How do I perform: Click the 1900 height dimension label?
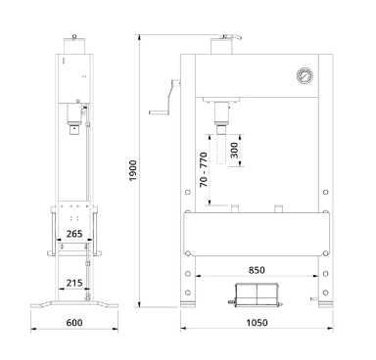pyautogui.click(x=132, y=170)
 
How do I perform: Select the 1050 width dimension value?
pyautogui.click(x=257, y=323)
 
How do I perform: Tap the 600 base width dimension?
pyautogui.click(x=74, y=323)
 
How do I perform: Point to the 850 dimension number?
pyautogui.click(x=257, y=270)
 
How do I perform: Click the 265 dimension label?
pyautogui.click(x=74, y=234)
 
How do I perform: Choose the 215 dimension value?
pyautogui.click(x=74, y=283)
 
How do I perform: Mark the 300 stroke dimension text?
pyautogui.click(x=234, y=150)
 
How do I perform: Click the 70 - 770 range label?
pyautogui.click(x=204, y=169)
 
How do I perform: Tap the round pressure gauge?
pyautogui.click(x=305, y=75)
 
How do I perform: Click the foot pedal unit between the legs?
pyautogui.click(x=257, y=295)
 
